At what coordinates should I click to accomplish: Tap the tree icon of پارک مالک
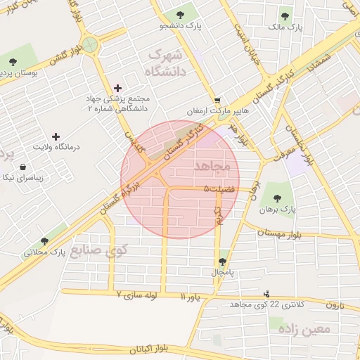[285, 16]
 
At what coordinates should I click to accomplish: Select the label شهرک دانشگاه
[163, 63]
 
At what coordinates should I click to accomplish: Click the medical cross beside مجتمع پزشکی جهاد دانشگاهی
[117, 89]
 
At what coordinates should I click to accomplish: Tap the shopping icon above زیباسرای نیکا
[23, 167]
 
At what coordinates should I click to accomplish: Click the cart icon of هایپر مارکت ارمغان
[217, 101]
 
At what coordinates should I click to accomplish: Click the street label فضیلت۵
[219, 188]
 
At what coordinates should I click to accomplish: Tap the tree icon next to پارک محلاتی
[45, 241]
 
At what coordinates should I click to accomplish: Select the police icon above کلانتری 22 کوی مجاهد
[266, 293]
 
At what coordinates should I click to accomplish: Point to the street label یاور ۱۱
[191, 297]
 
